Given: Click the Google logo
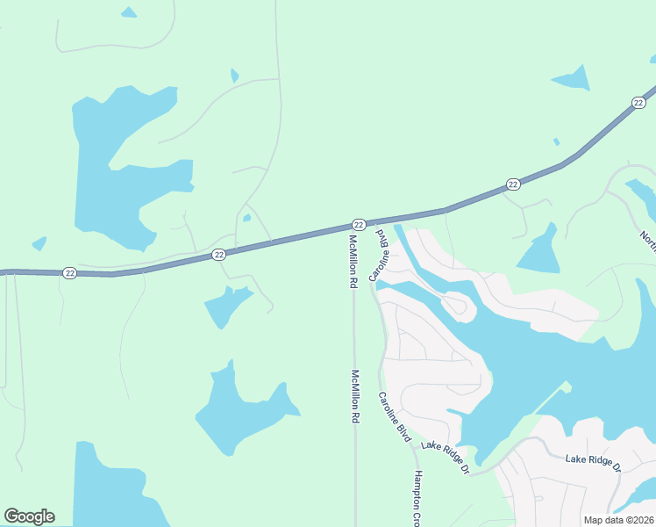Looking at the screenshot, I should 29,516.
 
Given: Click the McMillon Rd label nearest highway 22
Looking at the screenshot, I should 353,262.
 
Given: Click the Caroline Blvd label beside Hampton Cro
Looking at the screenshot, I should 395,416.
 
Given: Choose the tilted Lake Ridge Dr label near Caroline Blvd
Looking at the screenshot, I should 446,458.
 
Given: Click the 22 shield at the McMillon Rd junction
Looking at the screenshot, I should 359,225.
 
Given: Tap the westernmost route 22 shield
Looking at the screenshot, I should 70,273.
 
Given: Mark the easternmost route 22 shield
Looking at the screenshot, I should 638,104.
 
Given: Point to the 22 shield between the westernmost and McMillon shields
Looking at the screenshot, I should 219,255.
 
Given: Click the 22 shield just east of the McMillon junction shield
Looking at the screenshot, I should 513,184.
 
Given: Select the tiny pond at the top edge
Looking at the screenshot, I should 129,13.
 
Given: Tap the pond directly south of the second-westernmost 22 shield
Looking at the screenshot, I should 228,303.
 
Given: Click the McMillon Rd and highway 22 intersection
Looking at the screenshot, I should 348,230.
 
